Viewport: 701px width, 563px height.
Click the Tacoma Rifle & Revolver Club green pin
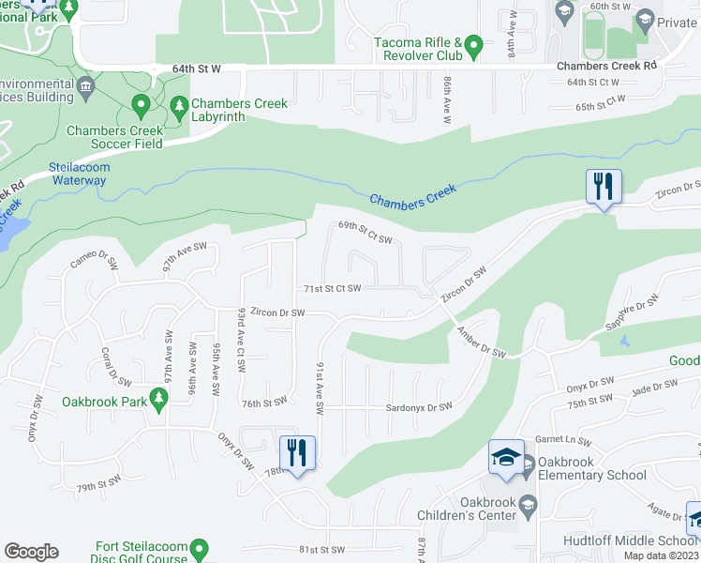tap(474, 44)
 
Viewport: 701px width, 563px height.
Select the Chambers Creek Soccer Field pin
tap(141, 103)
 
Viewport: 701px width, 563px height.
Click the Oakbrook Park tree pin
tap(159, 401)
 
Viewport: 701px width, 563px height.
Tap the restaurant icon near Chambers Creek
tap(602, 186)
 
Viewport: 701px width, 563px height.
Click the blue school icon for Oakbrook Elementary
tap(505, 459)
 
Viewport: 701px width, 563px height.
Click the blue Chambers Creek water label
tap(412, 195)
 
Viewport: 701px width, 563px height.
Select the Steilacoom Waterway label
tap(80, 175)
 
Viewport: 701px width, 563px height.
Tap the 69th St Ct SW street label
tap(365, 233)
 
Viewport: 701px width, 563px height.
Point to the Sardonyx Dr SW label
tap(420, 406)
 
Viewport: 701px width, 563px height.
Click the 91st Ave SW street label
tap(321, 388)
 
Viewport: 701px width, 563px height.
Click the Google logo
tap(31, 552)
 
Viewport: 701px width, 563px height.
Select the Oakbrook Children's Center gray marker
tap(527, 503)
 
